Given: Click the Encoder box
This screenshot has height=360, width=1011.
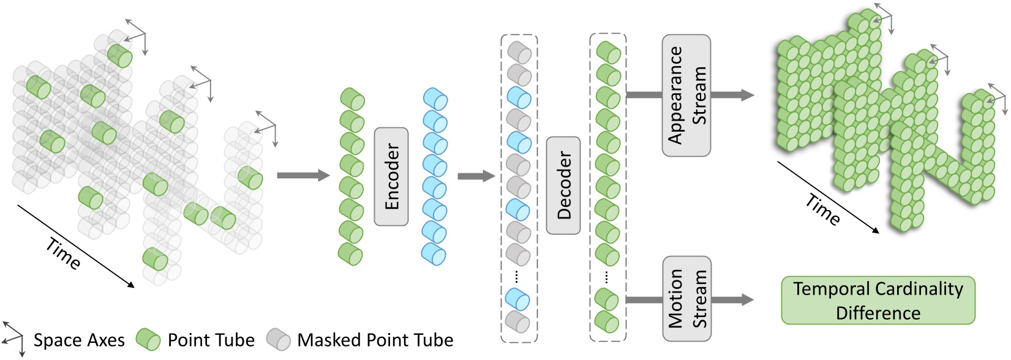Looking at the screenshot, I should click(x=391, y=176).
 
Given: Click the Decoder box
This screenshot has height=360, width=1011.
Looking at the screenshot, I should click(x=563, y=185).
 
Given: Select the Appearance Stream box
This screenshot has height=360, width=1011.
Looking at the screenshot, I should click(x=686, y=95).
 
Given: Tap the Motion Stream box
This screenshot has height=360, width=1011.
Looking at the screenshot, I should click(x=686, y=299).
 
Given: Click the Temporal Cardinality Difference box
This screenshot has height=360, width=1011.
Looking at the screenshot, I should click(x=878, y=300).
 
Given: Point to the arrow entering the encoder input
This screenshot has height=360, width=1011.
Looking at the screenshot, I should click(x=303, y=176).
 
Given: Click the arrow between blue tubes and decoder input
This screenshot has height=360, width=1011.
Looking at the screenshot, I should click(x=476, y=176).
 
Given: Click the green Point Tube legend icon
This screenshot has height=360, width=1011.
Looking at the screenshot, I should click(x=148, y=340).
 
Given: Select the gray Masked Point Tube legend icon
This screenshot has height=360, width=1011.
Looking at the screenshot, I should click(x=279, y=340).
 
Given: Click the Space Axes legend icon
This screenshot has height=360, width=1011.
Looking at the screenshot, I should click(x=12, y=338).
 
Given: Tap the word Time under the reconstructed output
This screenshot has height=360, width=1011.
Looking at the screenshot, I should click(x=822, y=209).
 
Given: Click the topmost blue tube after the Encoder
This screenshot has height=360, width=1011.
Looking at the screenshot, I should click(x=435, y=99).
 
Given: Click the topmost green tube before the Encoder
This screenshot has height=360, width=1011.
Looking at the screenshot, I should click(x=352, y=99).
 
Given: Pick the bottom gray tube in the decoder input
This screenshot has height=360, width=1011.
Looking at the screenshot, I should click(x=519, y=321).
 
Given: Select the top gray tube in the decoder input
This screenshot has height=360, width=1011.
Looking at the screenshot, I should click(x=519, y=53).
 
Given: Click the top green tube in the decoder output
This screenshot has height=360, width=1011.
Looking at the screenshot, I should click(x=608, y=53).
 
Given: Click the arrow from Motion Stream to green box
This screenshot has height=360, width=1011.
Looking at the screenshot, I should click(x=732, y=299).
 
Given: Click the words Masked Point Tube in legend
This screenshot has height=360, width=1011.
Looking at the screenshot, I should click(x=375, y=340).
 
